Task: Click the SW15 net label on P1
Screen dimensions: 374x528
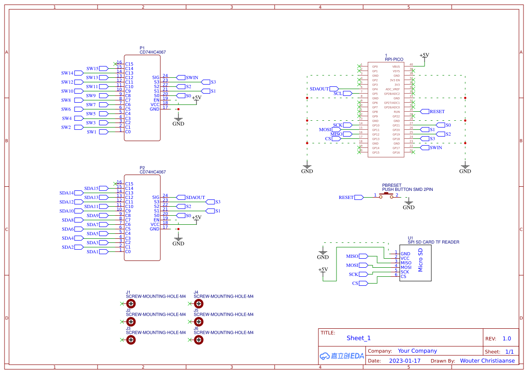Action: point(93,69)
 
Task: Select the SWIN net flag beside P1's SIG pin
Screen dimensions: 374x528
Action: point(192,78)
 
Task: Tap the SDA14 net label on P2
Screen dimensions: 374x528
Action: point(67,193)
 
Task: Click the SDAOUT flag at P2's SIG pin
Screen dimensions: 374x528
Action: point(195,198)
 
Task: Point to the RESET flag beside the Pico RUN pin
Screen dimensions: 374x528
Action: point(437,112)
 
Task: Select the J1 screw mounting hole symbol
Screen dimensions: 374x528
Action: point(131,304)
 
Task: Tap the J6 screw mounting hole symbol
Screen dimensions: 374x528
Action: point(199,340)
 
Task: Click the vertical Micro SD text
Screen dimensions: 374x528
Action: point(421,260)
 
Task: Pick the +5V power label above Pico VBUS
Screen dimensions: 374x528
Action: point(424,55)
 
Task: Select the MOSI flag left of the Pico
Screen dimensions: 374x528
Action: point(325,130)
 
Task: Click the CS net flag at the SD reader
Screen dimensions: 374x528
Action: point(355,284)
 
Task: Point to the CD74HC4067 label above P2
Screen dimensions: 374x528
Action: point(153,172)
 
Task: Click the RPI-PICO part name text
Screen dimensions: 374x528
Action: point(394,59)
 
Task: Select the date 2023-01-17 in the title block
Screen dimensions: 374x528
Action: point(405,361)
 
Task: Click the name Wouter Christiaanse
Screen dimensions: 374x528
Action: point(487,361)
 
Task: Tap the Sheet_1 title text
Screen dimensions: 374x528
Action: point(359,338)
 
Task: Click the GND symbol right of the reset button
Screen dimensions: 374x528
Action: point(408,206)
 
